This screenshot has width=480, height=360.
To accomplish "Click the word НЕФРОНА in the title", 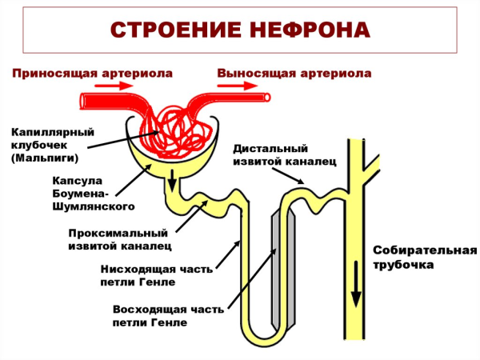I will [306, 30].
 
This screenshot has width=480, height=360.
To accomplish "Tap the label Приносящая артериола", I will [92, 74].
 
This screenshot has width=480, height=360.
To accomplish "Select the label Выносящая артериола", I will [294, 74].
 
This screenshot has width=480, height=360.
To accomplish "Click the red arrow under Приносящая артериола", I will [104, 100].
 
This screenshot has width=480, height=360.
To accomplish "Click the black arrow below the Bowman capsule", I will [171, 184].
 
